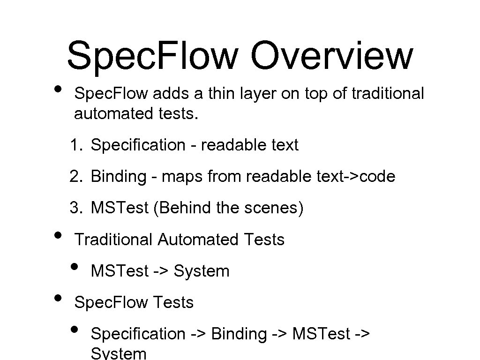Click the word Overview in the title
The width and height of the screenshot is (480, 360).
pyautogui.click(x=331, y=55)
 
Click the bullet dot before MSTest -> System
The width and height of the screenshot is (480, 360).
pyautogui.click(x=74, y=267)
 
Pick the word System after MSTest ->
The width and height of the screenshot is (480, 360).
pyautogui.click(x=202, y=271)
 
